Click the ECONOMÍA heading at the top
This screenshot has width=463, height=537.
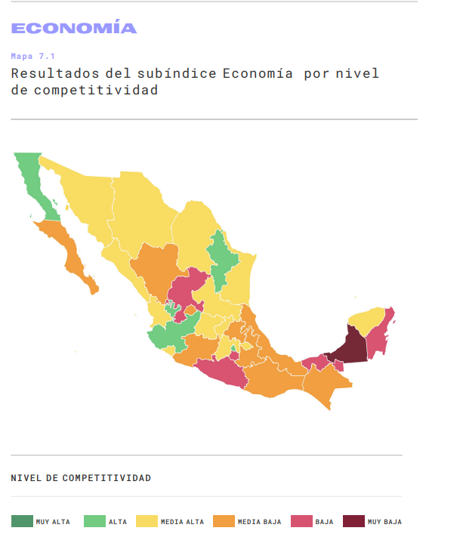pos(74,29)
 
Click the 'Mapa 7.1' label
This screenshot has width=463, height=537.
pos(33,56)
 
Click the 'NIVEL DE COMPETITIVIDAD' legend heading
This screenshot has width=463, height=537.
pos(81,478)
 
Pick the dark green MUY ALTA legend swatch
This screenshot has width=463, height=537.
pos(22,521)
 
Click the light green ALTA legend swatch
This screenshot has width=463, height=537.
pos(94,521)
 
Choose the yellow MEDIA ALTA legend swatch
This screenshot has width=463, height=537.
pos(147,521)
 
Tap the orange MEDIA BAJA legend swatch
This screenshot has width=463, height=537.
pos(224,521)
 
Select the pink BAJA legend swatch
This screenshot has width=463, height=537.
pos(301,521)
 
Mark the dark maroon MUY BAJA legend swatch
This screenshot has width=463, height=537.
pos(353,521)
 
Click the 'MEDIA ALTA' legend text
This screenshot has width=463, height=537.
pos(181,522)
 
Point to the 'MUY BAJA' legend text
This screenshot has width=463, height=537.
pos(384,522)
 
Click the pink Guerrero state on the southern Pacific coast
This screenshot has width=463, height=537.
pos(222,372)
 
